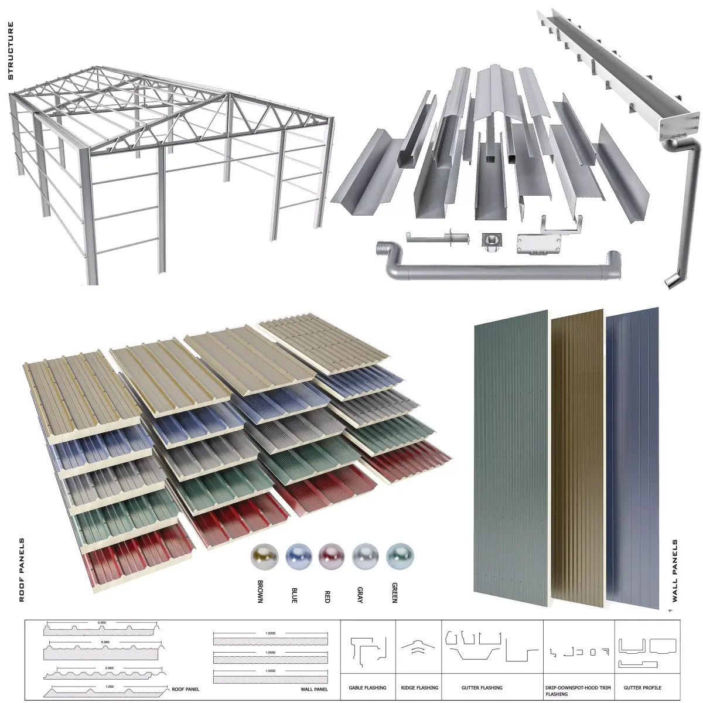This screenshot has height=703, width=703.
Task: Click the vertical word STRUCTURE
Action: pyautogui.click(x=10, y=51)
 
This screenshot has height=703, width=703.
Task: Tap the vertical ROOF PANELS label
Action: pyautogui.click(x=22, y=569)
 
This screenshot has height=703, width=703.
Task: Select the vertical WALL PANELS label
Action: pyautogui.click(x=674, y=571)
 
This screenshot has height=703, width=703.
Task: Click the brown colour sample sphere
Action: pyautogui.click(x=263, y=556)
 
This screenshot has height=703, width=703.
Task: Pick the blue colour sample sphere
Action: pyautogui.click(x=298, y=556)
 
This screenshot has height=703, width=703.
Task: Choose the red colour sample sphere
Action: pyautogui.click(x=332, y=556)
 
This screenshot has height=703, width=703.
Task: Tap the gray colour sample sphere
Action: pyautogui.click(x=366, y=556)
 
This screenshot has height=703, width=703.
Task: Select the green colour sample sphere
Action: pyautogui.click(x=400, y=556)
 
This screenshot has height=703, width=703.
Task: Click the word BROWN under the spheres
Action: pyautogui.click(x=260, y=592)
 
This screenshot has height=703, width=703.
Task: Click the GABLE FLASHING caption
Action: pyautogui.click(x=367, y=688)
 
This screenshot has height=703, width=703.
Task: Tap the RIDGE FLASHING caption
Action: pyautogui.click(x=419, y=688)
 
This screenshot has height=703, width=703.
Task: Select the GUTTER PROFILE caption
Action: pyautogui.click(x=643, y=688)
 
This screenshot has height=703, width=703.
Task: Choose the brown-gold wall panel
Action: pyautogui.click(x=576, y=457)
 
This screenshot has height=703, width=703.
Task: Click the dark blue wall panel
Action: pyautogui.click(x=633, y=451)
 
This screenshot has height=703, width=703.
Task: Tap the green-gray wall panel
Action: pyautogui.click(x=511, y=457)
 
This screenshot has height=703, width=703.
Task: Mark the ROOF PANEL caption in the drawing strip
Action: pyautogui.click(x=185, y=690)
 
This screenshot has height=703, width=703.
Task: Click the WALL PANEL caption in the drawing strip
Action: pyautogui.click(x=314, y=690)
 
